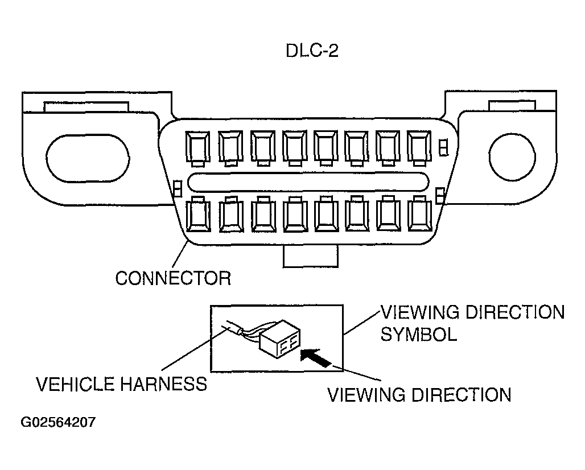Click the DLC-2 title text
312,52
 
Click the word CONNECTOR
173,278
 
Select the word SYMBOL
418,334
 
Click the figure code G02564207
58,423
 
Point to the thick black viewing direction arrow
316,359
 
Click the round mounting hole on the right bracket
511,155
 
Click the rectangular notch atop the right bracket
512,106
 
